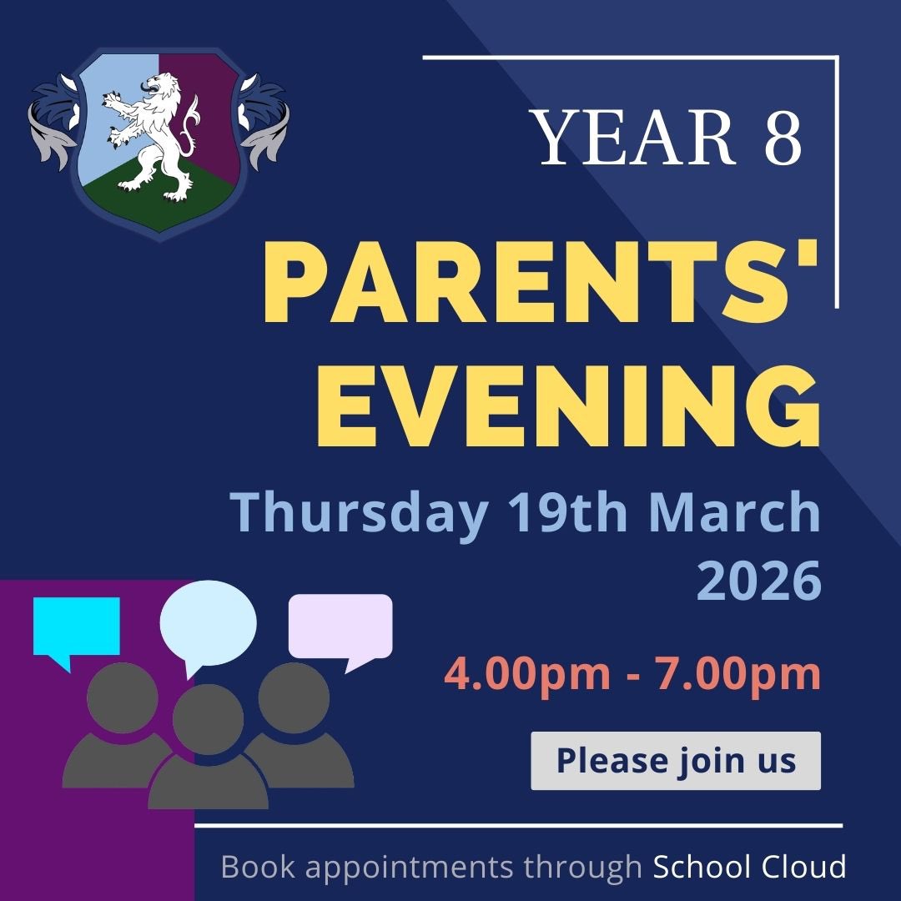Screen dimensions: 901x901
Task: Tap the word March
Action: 735,513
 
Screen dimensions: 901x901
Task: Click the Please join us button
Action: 676,761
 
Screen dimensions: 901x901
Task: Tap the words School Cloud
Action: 749,867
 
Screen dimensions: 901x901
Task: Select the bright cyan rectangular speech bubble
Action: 77,626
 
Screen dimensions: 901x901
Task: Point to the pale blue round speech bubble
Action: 209,622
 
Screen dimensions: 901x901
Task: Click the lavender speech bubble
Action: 340,625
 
